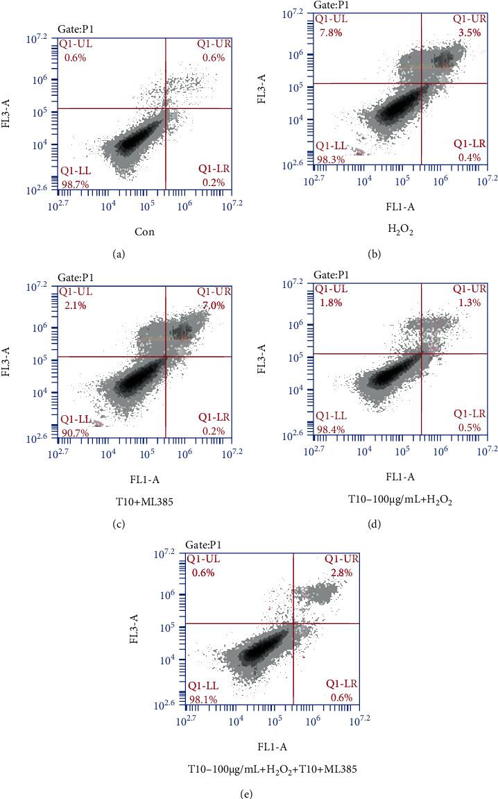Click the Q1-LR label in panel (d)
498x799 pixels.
[470, 414]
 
